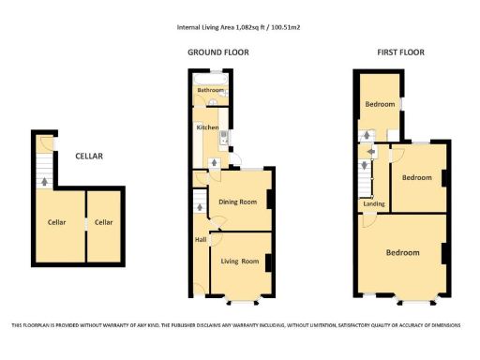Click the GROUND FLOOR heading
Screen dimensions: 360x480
tap(218, 53)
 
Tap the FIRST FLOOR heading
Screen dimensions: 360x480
tap(400, 53)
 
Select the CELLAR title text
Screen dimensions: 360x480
tap(90, 156)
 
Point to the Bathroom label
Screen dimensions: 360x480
tap(210, 91)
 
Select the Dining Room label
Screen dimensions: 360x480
tap(237, 202)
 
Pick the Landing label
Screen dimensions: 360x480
tap(373, 203)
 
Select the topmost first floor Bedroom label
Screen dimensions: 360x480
tap(379, 104)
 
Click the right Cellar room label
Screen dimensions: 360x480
tap(103, 222)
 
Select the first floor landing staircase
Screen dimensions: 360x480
tap(364, 174)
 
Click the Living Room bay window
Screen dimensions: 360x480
tap(241, 302)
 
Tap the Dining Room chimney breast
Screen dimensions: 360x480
tap(270, 200)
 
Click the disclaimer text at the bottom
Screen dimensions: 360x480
tap(240, 325)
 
